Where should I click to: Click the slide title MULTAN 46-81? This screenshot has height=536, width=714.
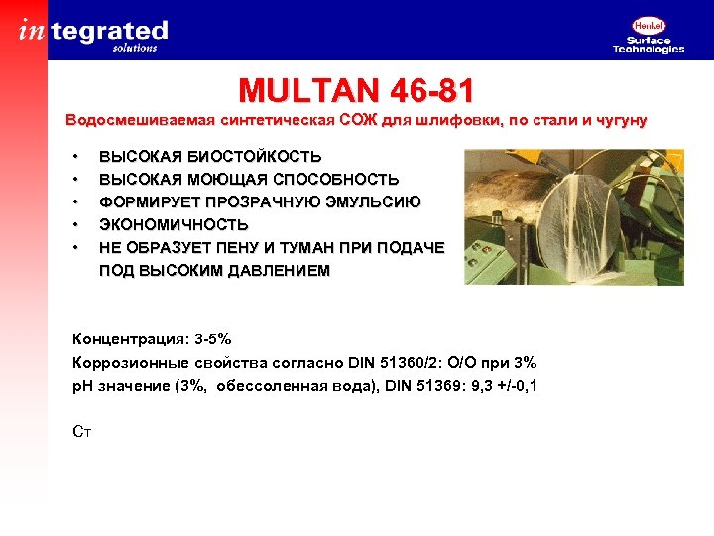tap(356, 92)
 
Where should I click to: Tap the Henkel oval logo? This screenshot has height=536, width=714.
tap(649, 26)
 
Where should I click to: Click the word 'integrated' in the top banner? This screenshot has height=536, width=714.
tap(94, 30)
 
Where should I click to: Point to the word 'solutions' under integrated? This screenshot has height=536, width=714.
tap(135, 48)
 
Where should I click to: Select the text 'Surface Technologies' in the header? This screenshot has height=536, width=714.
tap(649, 44)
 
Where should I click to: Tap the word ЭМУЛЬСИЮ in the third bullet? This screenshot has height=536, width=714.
tap(369, 202)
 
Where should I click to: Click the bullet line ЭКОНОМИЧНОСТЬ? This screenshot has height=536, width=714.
tap(174, 225)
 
